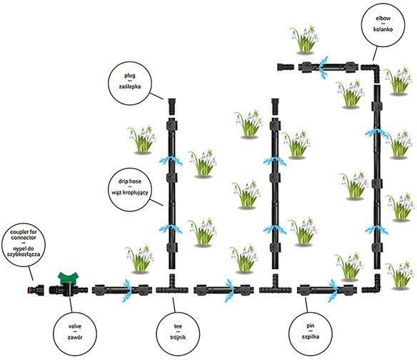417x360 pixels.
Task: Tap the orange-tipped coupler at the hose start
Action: point(36,289)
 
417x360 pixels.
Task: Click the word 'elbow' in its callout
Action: point(383,19)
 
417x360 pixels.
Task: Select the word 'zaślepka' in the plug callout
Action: point(130,86)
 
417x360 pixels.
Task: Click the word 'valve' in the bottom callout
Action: point(75,326)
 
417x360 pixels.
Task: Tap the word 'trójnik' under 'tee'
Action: point(178,337)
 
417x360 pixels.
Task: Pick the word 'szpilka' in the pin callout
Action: point(311,336)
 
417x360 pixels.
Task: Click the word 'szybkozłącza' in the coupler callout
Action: point(24,254)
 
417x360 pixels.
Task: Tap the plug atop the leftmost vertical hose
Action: point(172,106)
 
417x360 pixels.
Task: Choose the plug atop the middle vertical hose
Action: point(275,106)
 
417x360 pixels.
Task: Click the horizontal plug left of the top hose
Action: point(286,66)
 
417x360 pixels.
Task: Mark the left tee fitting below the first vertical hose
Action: point(172,286)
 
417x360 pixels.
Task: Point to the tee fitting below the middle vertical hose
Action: point(275,286)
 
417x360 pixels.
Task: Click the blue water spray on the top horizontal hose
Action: point(323,67)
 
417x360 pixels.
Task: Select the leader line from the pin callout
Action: point(306,305)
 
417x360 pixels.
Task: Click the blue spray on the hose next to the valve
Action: point(127,291)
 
